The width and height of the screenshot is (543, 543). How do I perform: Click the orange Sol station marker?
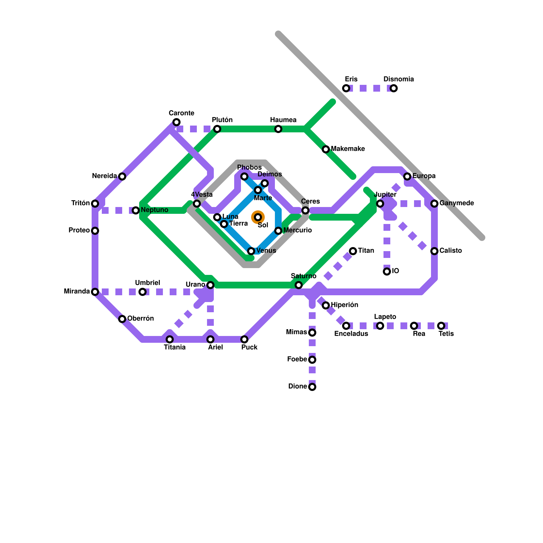click(258, 217)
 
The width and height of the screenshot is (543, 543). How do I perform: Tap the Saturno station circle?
click(299, 285)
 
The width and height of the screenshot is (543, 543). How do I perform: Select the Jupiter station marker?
click(380, 204)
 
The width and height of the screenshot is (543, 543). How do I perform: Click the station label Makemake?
click(348, 149)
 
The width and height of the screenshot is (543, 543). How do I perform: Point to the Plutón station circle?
click(217, 129)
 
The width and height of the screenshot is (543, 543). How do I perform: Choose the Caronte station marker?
click(176, 122)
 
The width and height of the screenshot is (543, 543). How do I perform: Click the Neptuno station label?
click(154, 210)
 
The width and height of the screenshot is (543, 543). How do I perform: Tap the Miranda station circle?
click(95, 292)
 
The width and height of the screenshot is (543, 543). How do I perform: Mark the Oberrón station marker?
click(122, 319)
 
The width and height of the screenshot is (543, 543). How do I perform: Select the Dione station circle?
click(312, 387)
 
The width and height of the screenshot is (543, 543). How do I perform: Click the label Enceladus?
click(351, 334)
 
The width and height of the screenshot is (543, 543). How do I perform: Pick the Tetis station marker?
click(441, 326)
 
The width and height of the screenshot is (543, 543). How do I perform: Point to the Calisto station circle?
click(434, 251)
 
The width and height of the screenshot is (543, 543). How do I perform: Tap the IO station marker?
click(387, 271)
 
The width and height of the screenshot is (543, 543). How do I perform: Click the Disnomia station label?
click(398, 79)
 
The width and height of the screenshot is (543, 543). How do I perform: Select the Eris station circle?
click(346, 88)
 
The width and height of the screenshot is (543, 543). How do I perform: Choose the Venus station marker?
click(251, 251)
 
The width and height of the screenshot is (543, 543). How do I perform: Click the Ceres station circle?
click(305, 210)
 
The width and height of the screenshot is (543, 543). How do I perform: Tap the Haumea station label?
click(283, 120)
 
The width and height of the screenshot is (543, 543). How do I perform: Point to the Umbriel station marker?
click(143, 292)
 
